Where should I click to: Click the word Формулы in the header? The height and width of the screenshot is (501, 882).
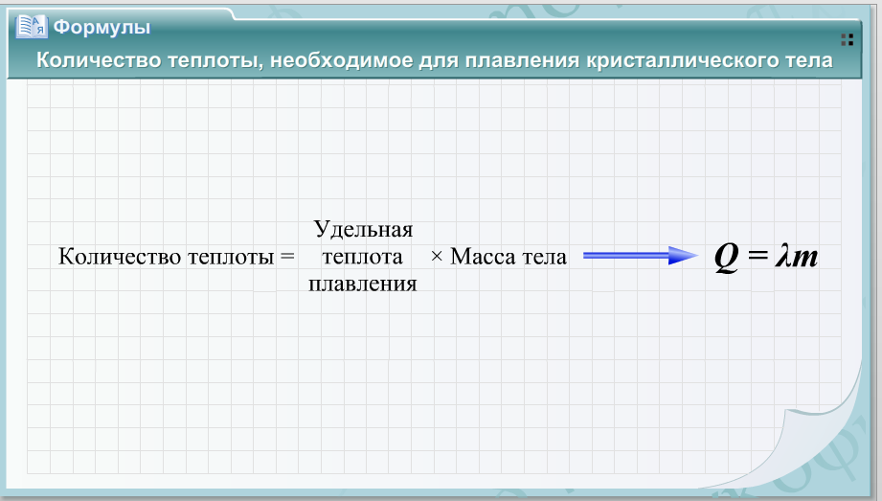point(102,27)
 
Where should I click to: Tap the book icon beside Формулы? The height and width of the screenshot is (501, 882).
point(32,27)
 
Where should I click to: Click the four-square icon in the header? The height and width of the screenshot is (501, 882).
point(848,39)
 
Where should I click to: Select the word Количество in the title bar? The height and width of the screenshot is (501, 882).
point(99,60)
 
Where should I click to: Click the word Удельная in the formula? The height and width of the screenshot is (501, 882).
point(363,229)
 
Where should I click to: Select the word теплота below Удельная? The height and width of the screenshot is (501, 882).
point(362,257)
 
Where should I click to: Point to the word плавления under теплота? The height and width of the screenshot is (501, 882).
point(363,284)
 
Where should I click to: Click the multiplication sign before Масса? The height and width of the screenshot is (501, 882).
point(437,257)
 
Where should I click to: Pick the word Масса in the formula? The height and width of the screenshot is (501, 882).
point(484,257)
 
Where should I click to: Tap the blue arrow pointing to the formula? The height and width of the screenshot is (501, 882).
point(640,256)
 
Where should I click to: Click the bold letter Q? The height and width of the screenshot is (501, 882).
point(726,258)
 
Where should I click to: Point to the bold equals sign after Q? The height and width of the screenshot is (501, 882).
point(758,256)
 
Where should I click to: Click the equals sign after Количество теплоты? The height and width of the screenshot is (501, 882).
point(287,257)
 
